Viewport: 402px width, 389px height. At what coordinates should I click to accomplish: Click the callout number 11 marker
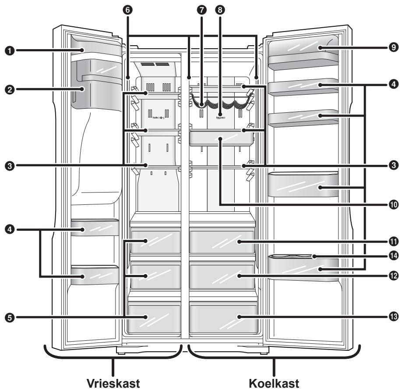pos(394,241)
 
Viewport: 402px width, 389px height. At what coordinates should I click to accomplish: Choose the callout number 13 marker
pos(394,317)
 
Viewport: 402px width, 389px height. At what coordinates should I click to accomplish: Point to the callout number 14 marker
pos(394,256)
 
